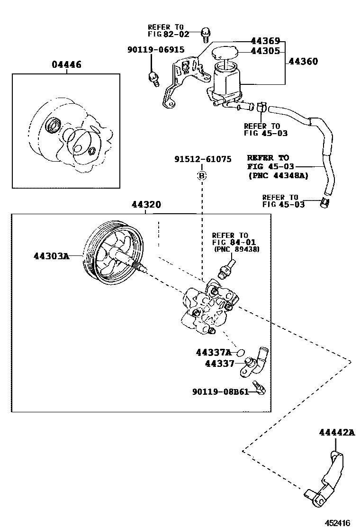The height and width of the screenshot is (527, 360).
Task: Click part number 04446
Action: pyautogui.click(x=66, y=64)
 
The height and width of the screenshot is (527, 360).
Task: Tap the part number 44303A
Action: pyautogui.click(x=51, y=256)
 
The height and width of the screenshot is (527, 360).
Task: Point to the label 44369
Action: pyautogui.click(x=265, y=41)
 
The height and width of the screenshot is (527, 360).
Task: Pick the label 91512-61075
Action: pyautogui.click(x=202, y=159)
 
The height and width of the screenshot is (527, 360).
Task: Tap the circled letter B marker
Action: pyautogui.click(x=202, y=176)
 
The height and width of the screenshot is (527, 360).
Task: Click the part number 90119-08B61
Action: pyautogui.click(x=220, y=392)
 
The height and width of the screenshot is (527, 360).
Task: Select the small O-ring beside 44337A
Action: pyautogui.click(x=240, y=353)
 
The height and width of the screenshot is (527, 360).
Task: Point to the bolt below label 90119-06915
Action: pyautogui.click(x=153, y=77)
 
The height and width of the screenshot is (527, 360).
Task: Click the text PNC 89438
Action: pyautogui.click(x=236, y=249)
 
